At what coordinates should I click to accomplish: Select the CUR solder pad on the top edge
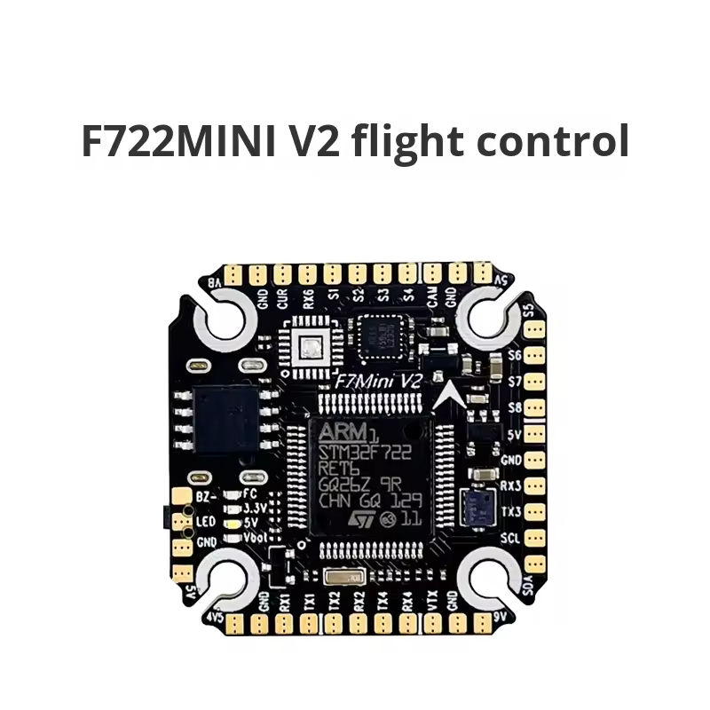tap(282, 272)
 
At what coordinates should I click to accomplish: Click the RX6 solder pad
tap(308, 272)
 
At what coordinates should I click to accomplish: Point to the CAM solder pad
tap(432, 272)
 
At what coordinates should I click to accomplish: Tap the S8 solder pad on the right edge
tap(535, 408)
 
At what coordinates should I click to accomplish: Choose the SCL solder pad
tap(535, 539)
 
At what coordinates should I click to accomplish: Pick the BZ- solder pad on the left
tap(183, 498)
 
